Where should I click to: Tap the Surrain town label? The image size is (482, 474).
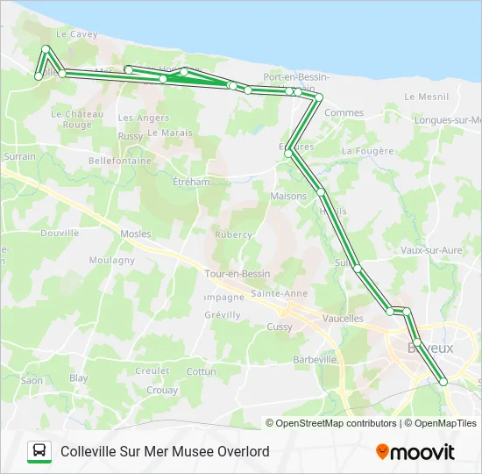tap(19, 156)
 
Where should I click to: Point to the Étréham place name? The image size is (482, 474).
tap(191, 182)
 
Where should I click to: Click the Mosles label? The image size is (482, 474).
tap(136, 234)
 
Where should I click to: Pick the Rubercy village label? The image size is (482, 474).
tap(234, 234)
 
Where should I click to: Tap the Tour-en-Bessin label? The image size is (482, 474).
tap(237, 274)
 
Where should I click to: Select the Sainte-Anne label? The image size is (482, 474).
tap(278, 293)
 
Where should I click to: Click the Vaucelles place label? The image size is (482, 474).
tap(343, 319)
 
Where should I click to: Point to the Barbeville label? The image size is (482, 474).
tap(315, 360)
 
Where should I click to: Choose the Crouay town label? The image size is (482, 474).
tap(162, 391)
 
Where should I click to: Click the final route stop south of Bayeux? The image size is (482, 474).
tap(443, 381)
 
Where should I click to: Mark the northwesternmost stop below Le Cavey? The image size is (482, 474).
tap(46, 49)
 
